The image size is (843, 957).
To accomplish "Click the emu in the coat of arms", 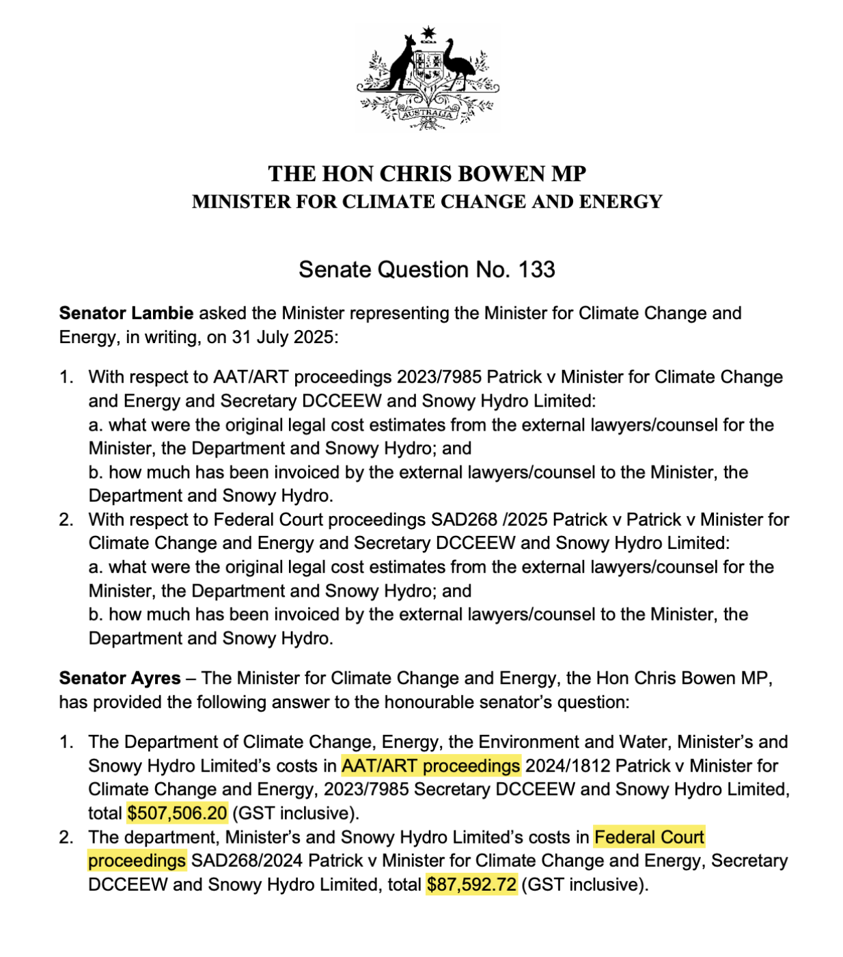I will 456,65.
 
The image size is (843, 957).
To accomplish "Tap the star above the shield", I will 428,32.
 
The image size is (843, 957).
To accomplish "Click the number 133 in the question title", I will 536,269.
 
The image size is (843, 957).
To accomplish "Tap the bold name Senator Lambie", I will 126,313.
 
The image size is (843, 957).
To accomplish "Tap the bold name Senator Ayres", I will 120,678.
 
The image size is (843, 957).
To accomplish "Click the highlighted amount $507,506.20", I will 177,813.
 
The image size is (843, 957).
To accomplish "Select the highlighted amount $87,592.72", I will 471,885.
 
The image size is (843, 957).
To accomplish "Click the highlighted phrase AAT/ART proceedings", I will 430,766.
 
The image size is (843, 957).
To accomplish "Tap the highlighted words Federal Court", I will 649,837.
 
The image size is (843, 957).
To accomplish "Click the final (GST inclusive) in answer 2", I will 585,885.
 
